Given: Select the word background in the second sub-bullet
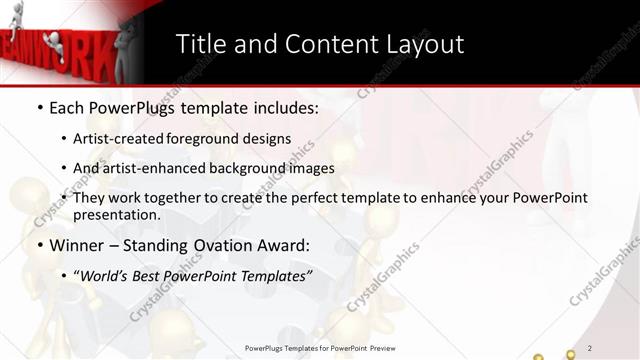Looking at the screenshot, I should pyautogui.click(x=254, y=168).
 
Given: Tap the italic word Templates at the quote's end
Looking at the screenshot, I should pyautogui.click(x=277, y=275).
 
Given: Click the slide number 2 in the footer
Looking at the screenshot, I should pyautogui.click(x=590, y=347).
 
